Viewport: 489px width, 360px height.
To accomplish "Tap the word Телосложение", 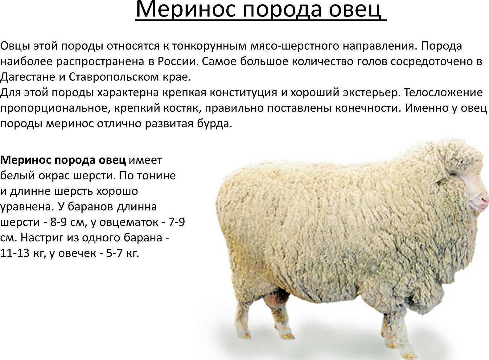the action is coord(443,93).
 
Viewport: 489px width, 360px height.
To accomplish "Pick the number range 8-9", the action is coord(58,222).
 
